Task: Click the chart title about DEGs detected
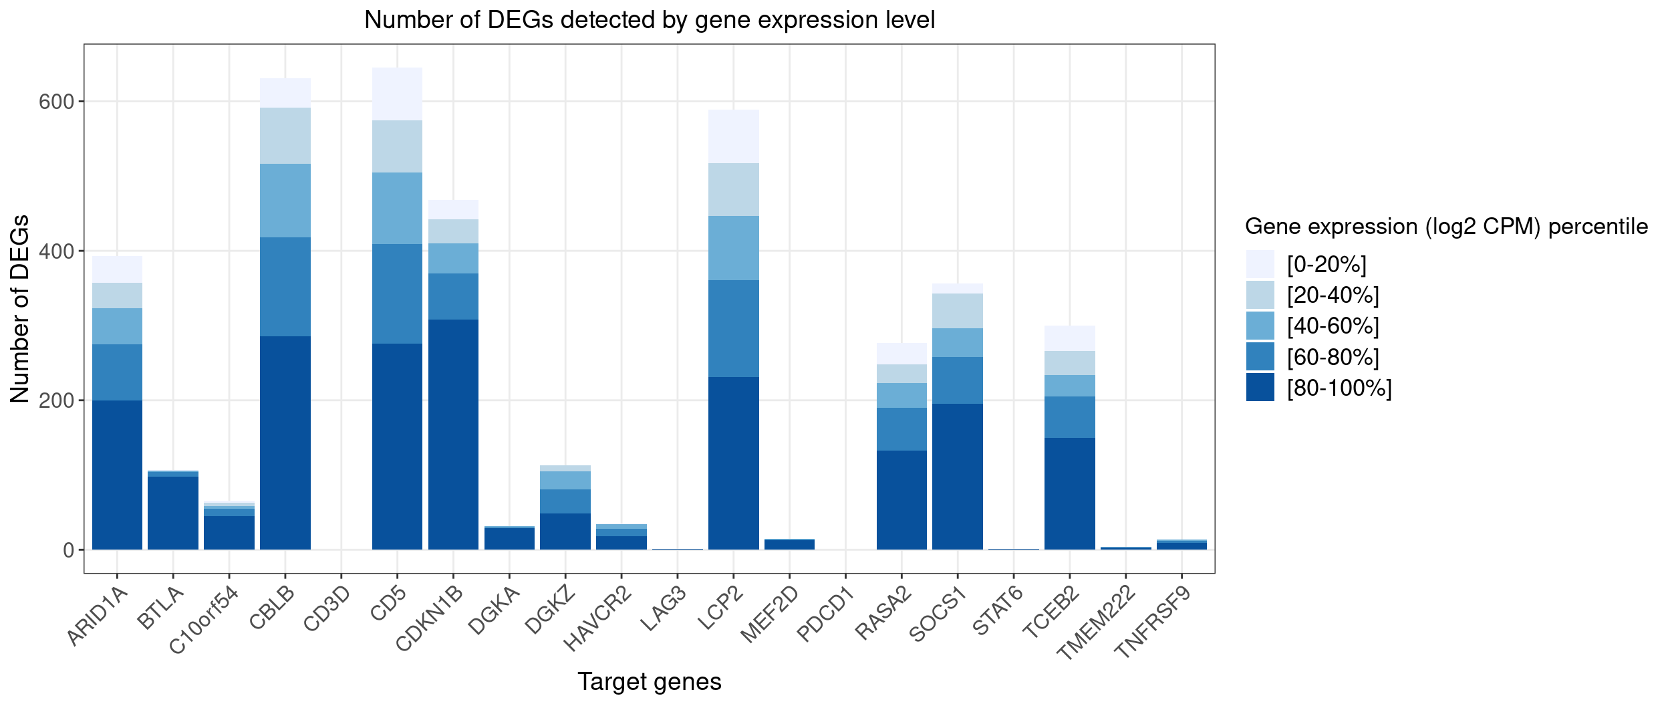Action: tap(649, 20)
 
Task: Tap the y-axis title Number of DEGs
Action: tap(20, 308)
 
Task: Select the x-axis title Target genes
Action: tap(649, 681)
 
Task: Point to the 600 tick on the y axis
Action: tap(56, 102)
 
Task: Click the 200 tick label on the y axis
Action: tap(56, 400)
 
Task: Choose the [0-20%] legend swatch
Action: tap(1260, 265)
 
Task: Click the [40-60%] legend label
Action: tap(1333, 326)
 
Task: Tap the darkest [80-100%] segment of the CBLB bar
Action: tap(285, 443)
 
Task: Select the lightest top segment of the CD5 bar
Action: tap(397, 94)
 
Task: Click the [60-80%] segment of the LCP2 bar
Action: tap(733, 328)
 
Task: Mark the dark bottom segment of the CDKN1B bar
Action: tap(453, 435)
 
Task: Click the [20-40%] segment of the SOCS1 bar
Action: tap(957, 311)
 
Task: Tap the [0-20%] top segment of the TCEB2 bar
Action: tap(1069, 338)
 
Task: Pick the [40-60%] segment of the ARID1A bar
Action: tap(117, 326)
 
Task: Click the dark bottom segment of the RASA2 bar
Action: tap(901, 500)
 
